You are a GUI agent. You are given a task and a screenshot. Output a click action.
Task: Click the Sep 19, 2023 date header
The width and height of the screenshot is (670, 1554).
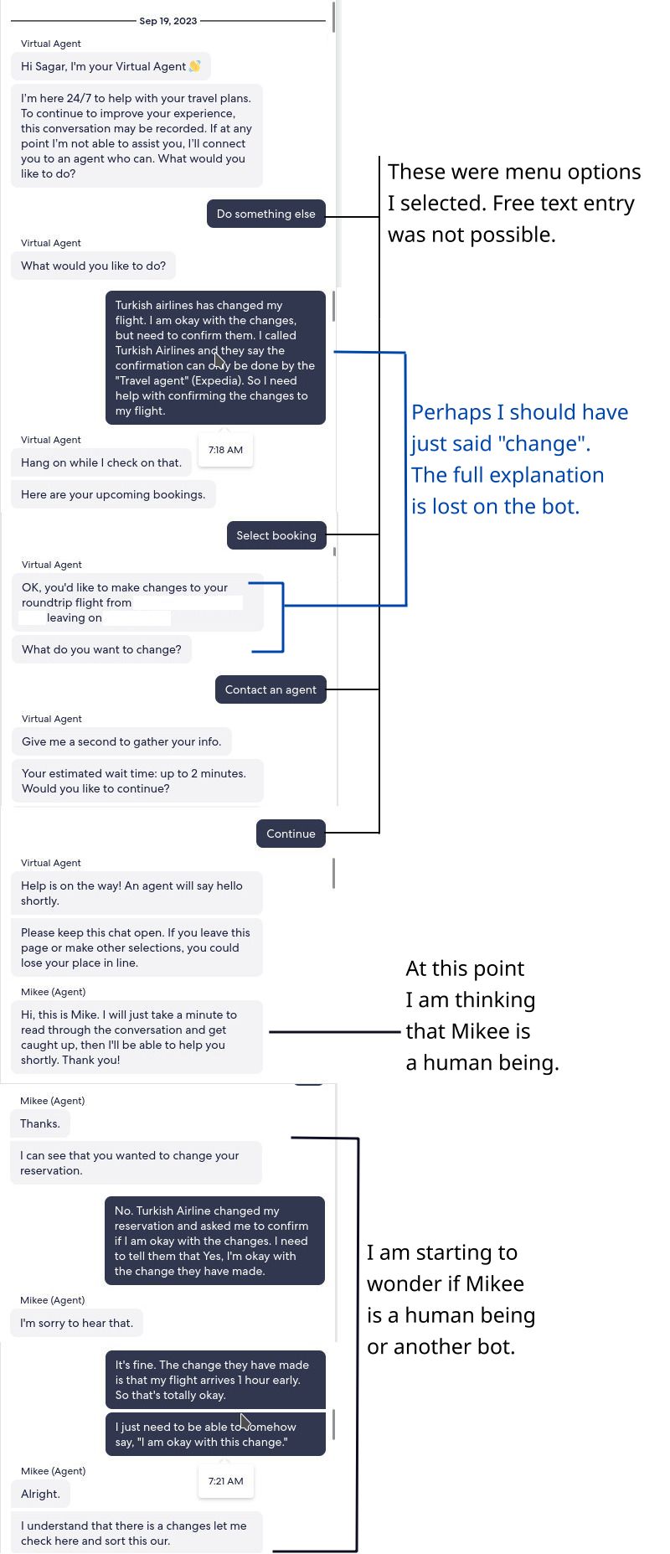click(168, 21)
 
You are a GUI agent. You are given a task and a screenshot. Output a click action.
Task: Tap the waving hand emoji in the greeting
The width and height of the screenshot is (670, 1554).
click(195, 66)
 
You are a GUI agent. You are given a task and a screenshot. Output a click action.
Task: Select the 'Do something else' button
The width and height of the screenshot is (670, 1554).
click(265, 214)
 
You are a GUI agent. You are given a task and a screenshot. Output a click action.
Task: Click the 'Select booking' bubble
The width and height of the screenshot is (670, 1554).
click(276, 535)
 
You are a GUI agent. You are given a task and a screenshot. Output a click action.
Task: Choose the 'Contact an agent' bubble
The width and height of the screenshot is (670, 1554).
click(271, 689)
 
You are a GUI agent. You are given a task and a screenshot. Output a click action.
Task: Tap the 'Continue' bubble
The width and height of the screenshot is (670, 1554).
click(291, 834)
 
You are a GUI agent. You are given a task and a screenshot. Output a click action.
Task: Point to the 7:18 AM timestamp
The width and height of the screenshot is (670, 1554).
click(225, 450)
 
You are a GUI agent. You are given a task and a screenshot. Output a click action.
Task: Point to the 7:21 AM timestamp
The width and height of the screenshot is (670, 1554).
click(225, 1481)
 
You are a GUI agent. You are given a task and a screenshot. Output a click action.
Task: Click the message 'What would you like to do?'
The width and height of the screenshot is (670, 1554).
click(93, 266)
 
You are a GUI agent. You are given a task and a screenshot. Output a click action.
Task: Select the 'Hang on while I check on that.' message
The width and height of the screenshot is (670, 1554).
click(100, 462)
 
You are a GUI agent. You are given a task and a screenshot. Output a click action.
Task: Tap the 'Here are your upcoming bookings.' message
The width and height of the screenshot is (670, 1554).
click(113, 494)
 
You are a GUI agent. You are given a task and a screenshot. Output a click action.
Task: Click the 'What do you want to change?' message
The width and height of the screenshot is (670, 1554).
click(101, 649)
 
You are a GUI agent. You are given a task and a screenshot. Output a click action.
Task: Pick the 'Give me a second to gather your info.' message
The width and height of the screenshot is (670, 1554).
click(121, 741)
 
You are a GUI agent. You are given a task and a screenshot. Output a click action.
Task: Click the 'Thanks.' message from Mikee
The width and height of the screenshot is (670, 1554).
click(40, 1123)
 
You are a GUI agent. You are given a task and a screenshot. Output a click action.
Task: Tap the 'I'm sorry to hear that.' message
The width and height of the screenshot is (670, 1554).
click(76, 1323)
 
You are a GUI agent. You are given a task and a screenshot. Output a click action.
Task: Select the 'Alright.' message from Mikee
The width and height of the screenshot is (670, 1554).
click(40, 1494)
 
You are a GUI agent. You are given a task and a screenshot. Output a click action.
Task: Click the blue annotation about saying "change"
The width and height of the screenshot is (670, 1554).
click(518, 459)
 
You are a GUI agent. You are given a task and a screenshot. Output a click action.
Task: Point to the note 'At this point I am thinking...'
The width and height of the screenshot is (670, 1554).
click(482, 1015)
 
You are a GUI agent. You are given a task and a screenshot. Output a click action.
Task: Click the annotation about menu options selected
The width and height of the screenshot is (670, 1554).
click(513, 203)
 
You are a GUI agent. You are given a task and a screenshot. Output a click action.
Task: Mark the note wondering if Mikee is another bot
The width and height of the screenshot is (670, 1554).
click(451, 1299)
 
